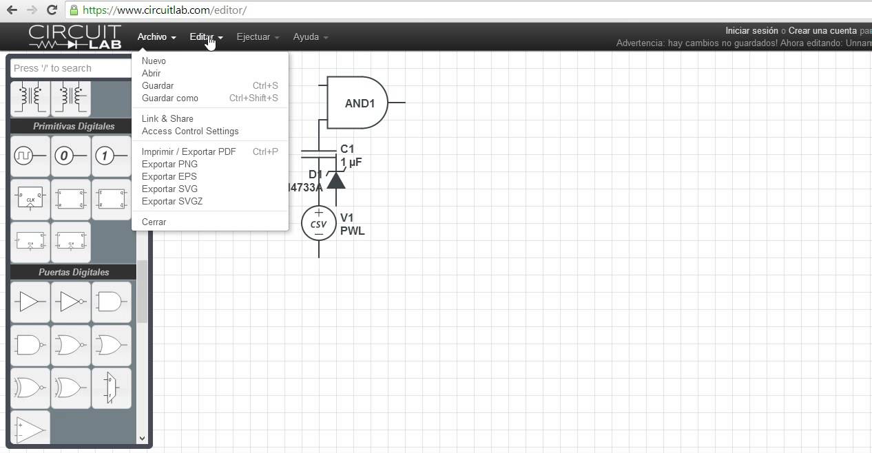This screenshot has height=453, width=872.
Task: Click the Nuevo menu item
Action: point(154,61)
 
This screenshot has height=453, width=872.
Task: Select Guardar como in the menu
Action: point(169,98)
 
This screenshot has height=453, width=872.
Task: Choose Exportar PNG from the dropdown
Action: point(169,164)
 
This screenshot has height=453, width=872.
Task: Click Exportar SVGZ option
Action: point(172,201)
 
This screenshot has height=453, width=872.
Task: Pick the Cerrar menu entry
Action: point(154,222)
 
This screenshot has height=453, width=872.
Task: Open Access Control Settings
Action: point(190,131)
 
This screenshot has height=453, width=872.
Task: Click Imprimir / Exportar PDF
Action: point(189,151)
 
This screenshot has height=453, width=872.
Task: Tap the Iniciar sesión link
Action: point(751,30)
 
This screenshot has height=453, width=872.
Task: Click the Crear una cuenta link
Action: point(822,30)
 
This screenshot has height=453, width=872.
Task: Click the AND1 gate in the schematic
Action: point(358,103)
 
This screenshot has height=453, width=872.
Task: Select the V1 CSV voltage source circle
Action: point(319,223)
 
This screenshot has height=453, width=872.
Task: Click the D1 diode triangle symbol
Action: point(335,180)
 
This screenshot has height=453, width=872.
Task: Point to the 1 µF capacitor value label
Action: point(351,162)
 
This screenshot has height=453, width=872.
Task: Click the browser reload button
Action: point(52,10)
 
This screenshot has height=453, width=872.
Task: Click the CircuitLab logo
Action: point(75,36)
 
